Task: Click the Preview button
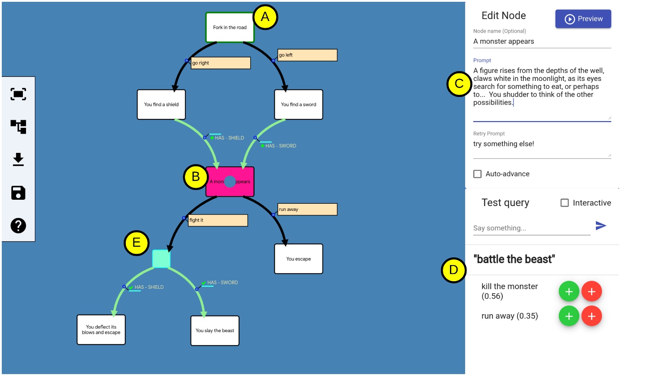[583, 19]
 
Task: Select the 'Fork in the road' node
[230, 28]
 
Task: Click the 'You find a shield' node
[161, 105]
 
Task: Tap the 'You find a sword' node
[299, 105]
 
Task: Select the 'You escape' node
[299, 259]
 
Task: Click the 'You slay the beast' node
[215, 331]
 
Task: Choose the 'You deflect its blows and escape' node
[101, 330]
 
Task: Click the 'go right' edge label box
[221, 63]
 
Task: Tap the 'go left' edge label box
[307, 55]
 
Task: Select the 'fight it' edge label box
[218, 220]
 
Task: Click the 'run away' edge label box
[307, 209]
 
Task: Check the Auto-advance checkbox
[478, 174]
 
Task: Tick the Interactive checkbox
[565, 203]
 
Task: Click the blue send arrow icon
[601, 226]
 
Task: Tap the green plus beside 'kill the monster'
[569, 291]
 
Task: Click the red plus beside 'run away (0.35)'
[591, 316]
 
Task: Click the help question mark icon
[18, 226]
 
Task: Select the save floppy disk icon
[18, 193]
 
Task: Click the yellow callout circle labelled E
[137, 243]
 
